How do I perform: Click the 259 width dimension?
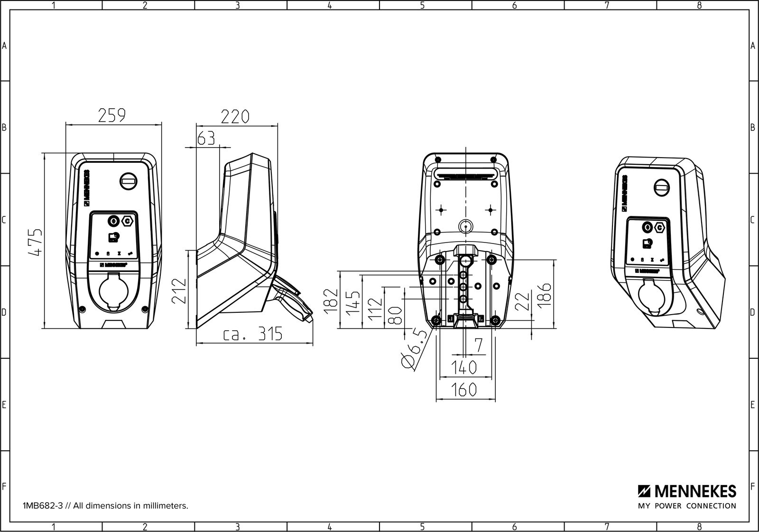pos(112,116)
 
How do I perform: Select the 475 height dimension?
pos(36,242)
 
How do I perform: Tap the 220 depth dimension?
pos(235,116)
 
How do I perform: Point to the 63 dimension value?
pos(206,138)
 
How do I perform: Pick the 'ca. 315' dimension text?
pos(253,335)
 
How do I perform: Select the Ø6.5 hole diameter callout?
pos(414,350)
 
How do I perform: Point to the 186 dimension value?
pos(546,294)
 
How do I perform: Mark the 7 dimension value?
pos(478,345)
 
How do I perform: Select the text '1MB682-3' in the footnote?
pos(37,506)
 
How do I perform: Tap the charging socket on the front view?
pos(113,294)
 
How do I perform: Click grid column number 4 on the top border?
pos(330,5)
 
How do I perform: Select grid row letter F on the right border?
pos(753,486)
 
